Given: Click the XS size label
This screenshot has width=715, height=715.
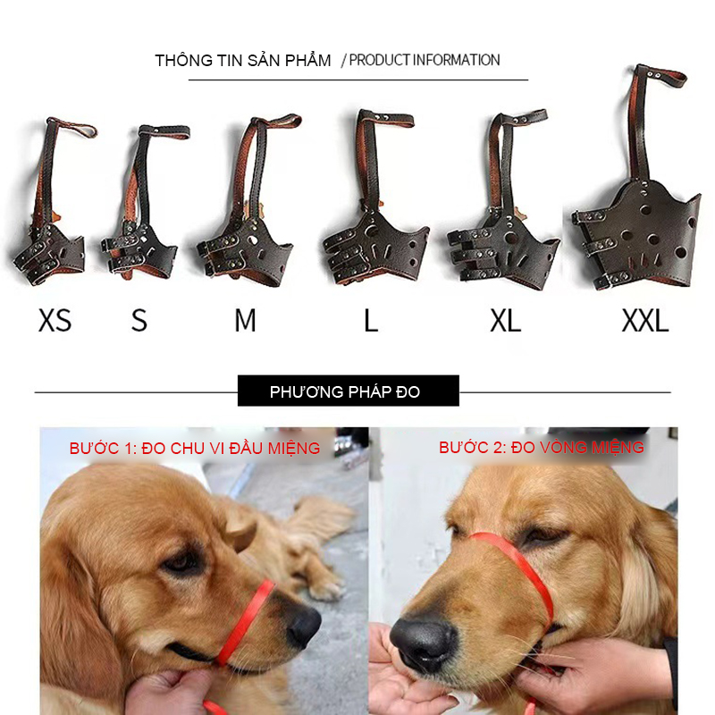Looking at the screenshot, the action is point(55,320).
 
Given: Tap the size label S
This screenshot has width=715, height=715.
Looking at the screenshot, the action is point(139,320).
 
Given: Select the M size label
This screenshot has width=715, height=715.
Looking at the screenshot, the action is point(245,320).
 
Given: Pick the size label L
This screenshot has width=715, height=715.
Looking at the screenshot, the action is point(371,320).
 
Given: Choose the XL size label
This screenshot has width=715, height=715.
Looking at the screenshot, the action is point(505,320).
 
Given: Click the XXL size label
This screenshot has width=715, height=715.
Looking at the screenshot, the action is point(645,320).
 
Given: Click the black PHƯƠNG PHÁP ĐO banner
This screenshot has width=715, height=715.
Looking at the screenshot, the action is point(349,391).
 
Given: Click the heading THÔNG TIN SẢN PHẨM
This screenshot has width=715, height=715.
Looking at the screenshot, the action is point(243,60).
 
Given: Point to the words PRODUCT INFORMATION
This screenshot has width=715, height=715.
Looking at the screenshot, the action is point(424,60).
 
